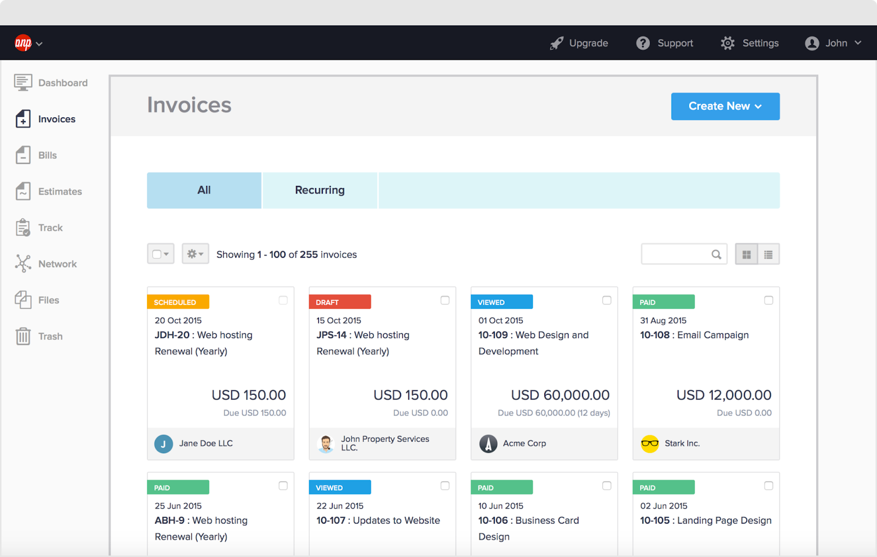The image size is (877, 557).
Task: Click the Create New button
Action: [x=725, y=106]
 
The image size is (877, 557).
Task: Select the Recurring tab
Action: [x=320, y=190]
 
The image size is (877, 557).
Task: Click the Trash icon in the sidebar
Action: [x=23, y=336]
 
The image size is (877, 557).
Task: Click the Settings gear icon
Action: [x=727, y=43]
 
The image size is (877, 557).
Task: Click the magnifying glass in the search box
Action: [x=716, y=254]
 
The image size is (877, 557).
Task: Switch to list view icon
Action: [x=768, y=254]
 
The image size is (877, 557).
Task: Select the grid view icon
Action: [x=747, y=254]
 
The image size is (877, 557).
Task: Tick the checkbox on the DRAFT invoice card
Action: [x=445, y=300]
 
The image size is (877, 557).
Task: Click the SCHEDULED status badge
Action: [x=178, y=302]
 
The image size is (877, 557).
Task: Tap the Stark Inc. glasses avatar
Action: [x=650, y=444]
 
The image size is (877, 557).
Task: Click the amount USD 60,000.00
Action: [x=560, y=395]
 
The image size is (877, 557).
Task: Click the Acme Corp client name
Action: [x=525, y=444]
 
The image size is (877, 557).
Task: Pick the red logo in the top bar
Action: [x=23, y=43]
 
